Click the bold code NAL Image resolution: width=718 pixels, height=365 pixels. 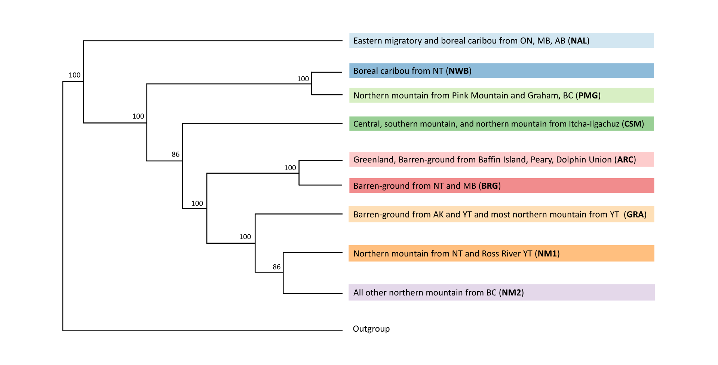coord(579,41)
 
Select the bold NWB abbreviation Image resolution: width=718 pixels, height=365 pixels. coord(458,71)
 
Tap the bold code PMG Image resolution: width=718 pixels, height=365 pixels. coord(588,95)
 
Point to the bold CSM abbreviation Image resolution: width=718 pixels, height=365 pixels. coord(633,124)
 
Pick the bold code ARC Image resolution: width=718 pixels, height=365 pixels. coord(625,160)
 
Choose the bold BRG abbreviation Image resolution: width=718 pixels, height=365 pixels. coord(490,186)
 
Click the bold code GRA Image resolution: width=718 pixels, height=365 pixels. coord(635,215)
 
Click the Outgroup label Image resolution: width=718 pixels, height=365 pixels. coord(371,329)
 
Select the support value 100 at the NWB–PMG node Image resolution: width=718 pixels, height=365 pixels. coord(303,79)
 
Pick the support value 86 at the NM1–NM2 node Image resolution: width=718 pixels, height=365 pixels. coord(276,267)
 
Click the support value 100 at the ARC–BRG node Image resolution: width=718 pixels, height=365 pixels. coord(290,168)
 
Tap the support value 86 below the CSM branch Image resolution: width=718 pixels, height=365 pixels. coord(175,154)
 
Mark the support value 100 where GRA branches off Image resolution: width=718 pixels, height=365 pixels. coord(245,237)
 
